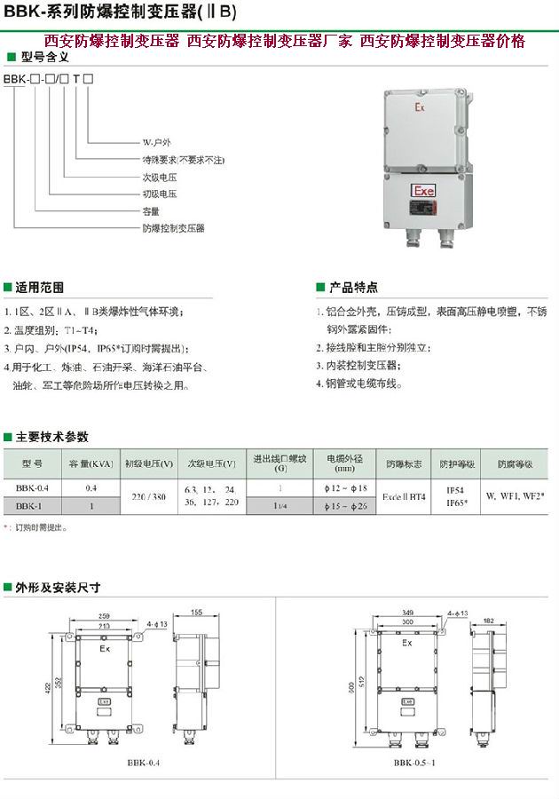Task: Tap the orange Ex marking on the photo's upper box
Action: point(420,106)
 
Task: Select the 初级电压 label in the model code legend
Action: point(160,194)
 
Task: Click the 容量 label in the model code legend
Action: point(151,211)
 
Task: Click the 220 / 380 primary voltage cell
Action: point(148,497)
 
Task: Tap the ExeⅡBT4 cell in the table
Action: point(404,497)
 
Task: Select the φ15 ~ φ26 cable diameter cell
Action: point(346,505)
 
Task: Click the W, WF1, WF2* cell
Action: point(515,497)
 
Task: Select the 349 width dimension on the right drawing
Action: point(407,613)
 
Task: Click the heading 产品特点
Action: point(353,288)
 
